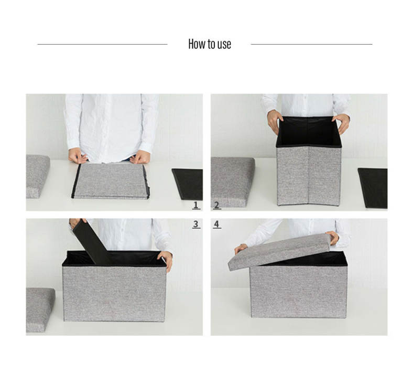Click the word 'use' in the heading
(x=224, y=45)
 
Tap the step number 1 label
(x=196, y=205)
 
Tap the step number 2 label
(x=216, y=205)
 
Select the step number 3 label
(x=196, y=224)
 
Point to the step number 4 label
(x=216, y=224)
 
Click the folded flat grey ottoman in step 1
(x=111, y=181)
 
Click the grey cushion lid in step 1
(x=37, y=176)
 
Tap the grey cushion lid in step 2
(x=232, y=182)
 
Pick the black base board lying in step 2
(x=373, y=188)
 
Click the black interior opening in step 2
(x=308, y=132)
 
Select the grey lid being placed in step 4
(x=280, y=251)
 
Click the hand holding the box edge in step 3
(x=166, y=260)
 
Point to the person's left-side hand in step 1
(x=78, y=156)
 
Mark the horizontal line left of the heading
(x=102, y=44)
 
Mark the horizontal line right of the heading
(x=312, y=44)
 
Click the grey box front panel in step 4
(x=298, y=292)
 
